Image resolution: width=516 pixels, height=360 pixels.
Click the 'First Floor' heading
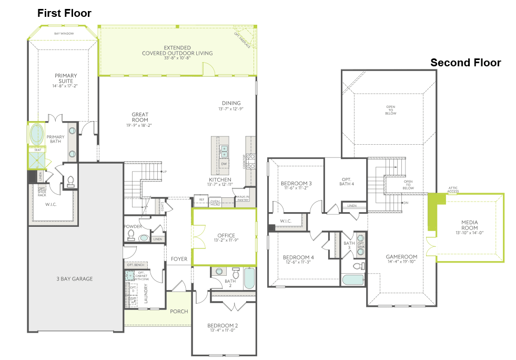(64, 13)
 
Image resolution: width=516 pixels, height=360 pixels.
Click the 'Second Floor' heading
(466, 63)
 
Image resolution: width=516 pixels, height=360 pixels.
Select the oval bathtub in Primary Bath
(37, 135)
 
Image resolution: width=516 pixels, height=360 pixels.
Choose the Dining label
(231, 103)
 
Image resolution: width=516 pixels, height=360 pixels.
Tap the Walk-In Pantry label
(242, 198)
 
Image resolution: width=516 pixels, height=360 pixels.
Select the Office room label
(226, 235)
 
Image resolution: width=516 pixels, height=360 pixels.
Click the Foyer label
(179, 259)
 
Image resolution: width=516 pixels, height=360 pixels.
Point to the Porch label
(179, 311)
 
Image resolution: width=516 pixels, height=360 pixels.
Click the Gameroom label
(401, 257)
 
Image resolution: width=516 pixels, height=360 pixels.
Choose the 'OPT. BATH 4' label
(346, 182)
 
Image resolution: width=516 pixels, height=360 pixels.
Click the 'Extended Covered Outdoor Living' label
(177, 50)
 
